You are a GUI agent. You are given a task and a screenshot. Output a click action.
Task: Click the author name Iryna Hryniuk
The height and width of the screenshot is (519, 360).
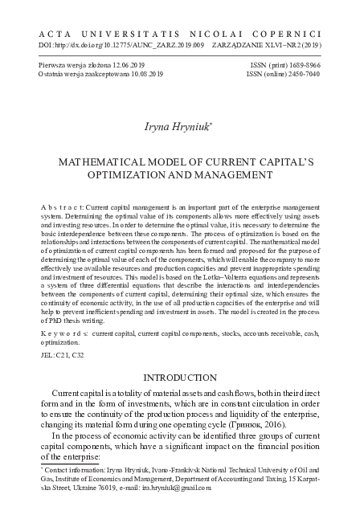tap(178, 126)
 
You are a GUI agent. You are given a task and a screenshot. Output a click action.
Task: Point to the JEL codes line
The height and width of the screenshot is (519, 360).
tap(63, 353)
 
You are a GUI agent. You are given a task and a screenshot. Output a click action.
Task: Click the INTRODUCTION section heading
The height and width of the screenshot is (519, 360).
tap(180, 377)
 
